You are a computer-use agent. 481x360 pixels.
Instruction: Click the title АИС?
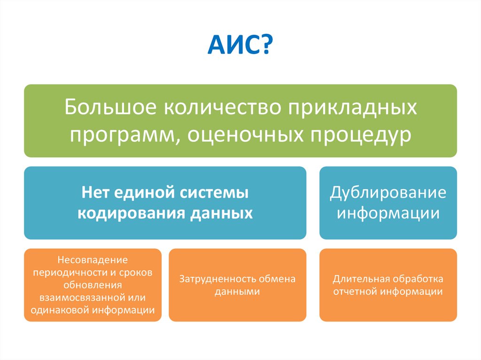240,45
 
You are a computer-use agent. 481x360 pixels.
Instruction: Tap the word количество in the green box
222,107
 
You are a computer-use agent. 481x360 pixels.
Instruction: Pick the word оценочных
245,135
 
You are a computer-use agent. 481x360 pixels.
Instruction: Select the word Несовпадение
93,260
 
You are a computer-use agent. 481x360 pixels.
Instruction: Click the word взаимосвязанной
81,298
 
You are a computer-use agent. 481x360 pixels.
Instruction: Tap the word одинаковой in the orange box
60,310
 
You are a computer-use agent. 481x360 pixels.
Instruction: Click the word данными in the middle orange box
237,291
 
